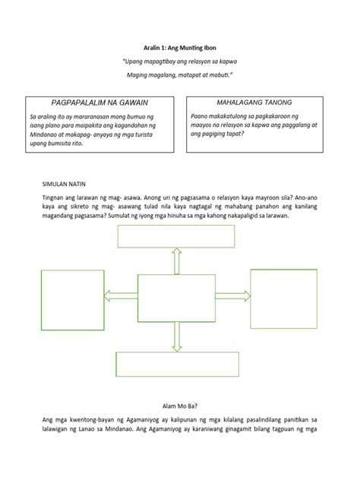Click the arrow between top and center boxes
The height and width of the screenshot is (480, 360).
point(176,261)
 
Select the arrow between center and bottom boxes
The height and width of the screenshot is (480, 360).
point(176,336)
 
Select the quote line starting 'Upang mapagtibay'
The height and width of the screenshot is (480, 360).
point(179,60)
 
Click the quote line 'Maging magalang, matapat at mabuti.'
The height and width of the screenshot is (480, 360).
point(179,75)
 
